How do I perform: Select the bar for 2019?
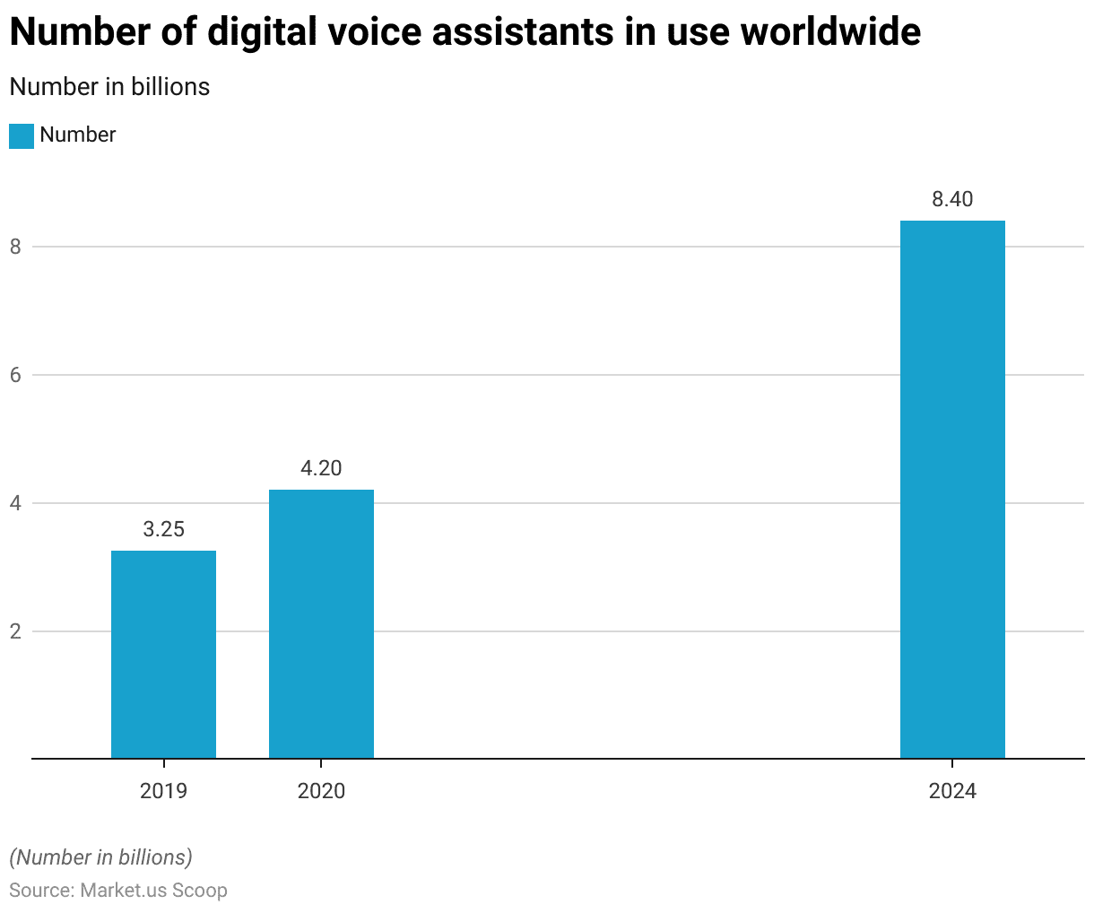(163, 655)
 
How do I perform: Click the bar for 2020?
(321, 624)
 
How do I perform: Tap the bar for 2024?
(952, 490)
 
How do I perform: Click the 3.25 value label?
(163, 529)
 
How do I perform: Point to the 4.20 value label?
(321, 468)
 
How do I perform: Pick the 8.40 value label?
(952, 199)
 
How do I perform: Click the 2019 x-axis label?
(163, 791)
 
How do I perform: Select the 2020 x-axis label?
(321, 791)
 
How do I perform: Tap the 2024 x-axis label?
(952, 791)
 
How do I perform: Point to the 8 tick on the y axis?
(15, 247)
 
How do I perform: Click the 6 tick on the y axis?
(15, 375)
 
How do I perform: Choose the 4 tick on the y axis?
(15, 503)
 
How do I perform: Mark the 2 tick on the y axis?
(15, 631)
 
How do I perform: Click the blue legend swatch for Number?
(22, 135)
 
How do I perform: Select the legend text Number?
(78, 135)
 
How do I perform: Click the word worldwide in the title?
(832, 32)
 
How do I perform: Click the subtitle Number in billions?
(109, 87)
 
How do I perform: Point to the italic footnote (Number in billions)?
(100, 857)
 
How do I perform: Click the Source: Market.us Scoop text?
(118, 891)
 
